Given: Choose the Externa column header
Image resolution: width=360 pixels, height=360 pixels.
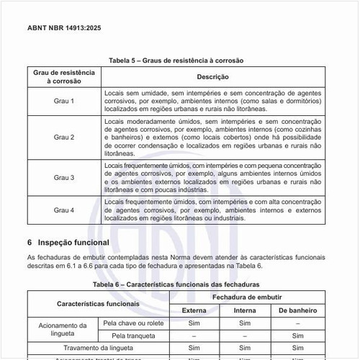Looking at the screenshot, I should [x=194, y=310].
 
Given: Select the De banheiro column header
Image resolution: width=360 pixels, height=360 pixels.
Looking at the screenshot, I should [x=298, y=310].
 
